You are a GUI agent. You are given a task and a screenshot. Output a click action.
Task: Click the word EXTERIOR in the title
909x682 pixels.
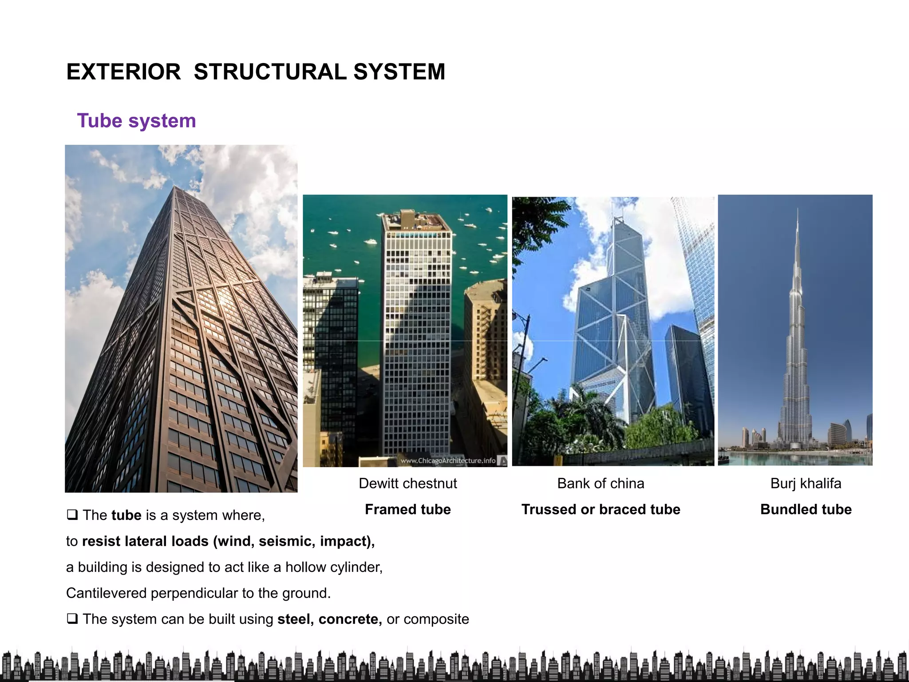pyautogui.click(x=123, y=72)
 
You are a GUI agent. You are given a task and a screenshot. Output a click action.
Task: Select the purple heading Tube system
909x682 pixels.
pyautogui.click(x=136, y=121)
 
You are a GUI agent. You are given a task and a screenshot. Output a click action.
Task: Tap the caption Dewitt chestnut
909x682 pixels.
pyautogui.click(x=407, y=483)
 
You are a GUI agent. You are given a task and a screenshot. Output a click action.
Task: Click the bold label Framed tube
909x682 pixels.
pyautogui.click(x=407, y=509)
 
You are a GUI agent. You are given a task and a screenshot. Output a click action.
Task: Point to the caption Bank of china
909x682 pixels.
pyautogui.click(x=601, y=483)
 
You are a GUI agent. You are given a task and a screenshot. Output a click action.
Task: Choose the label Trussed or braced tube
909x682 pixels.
pyautogui.click(x=601, y=509)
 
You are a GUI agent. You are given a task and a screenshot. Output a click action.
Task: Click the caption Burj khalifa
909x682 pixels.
pyautogui.click(x=806, y=483)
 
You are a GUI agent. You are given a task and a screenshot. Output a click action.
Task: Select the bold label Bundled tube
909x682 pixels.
pyautogui.click(x=806, y=509)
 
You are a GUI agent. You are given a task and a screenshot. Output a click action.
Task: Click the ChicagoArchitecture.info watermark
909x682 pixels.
pyautogui.click(x=448, y=460)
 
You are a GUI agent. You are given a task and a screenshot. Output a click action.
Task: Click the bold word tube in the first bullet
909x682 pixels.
pyautogui.click(x=126, y=515)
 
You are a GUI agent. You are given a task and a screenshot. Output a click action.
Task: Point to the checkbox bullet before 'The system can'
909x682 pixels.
pyautogui.click(x=72, y=619)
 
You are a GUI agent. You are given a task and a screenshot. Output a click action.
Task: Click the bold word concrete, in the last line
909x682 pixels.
pyautogui.click(x=350, y=619)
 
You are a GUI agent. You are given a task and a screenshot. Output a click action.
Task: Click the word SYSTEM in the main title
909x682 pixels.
pyautogui.click(x=399, y=72)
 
